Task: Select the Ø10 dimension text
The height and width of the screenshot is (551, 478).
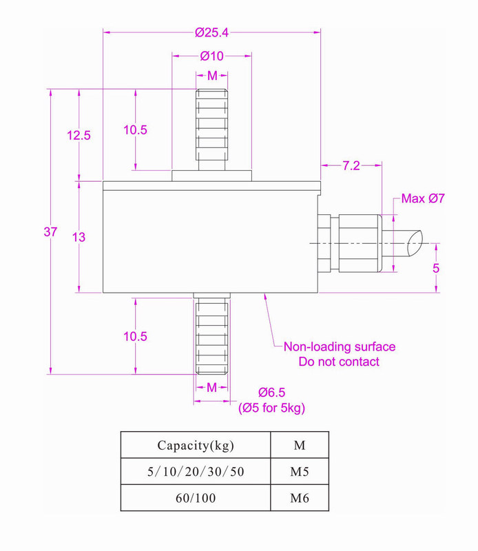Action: pos(211,56)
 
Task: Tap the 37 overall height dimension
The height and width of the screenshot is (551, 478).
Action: pos(50,232)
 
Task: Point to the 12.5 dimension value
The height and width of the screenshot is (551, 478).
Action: pos(79,136)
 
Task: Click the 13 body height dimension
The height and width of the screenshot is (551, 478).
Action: pos(79,237)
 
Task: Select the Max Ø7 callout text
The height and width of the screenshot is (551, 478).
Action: pos(424,199)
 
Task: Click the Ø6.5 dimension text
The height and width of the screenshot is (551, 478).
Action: pos(271,393)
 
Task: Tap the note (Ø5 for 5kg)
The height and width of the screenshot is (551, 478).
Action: pos(271,408)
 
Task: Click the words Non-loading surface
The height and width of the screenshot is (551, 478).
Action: pos(340,347)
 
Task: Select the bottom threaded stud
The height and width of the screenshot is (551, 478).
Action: pos(211,333)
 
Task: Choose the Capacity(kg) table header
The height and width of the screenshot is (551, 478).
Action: pos(196,445)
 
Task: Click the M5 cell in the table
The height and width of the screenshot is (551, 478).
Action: pos(300,472)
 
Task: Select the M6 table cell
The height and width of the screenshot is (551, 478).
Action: pos(300,498)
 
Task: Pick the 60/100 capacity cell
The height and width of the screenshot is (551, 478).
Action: pos(196,498)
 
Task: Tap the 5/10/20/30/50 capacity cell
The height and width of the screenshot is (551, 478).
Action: pos(196,472)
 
